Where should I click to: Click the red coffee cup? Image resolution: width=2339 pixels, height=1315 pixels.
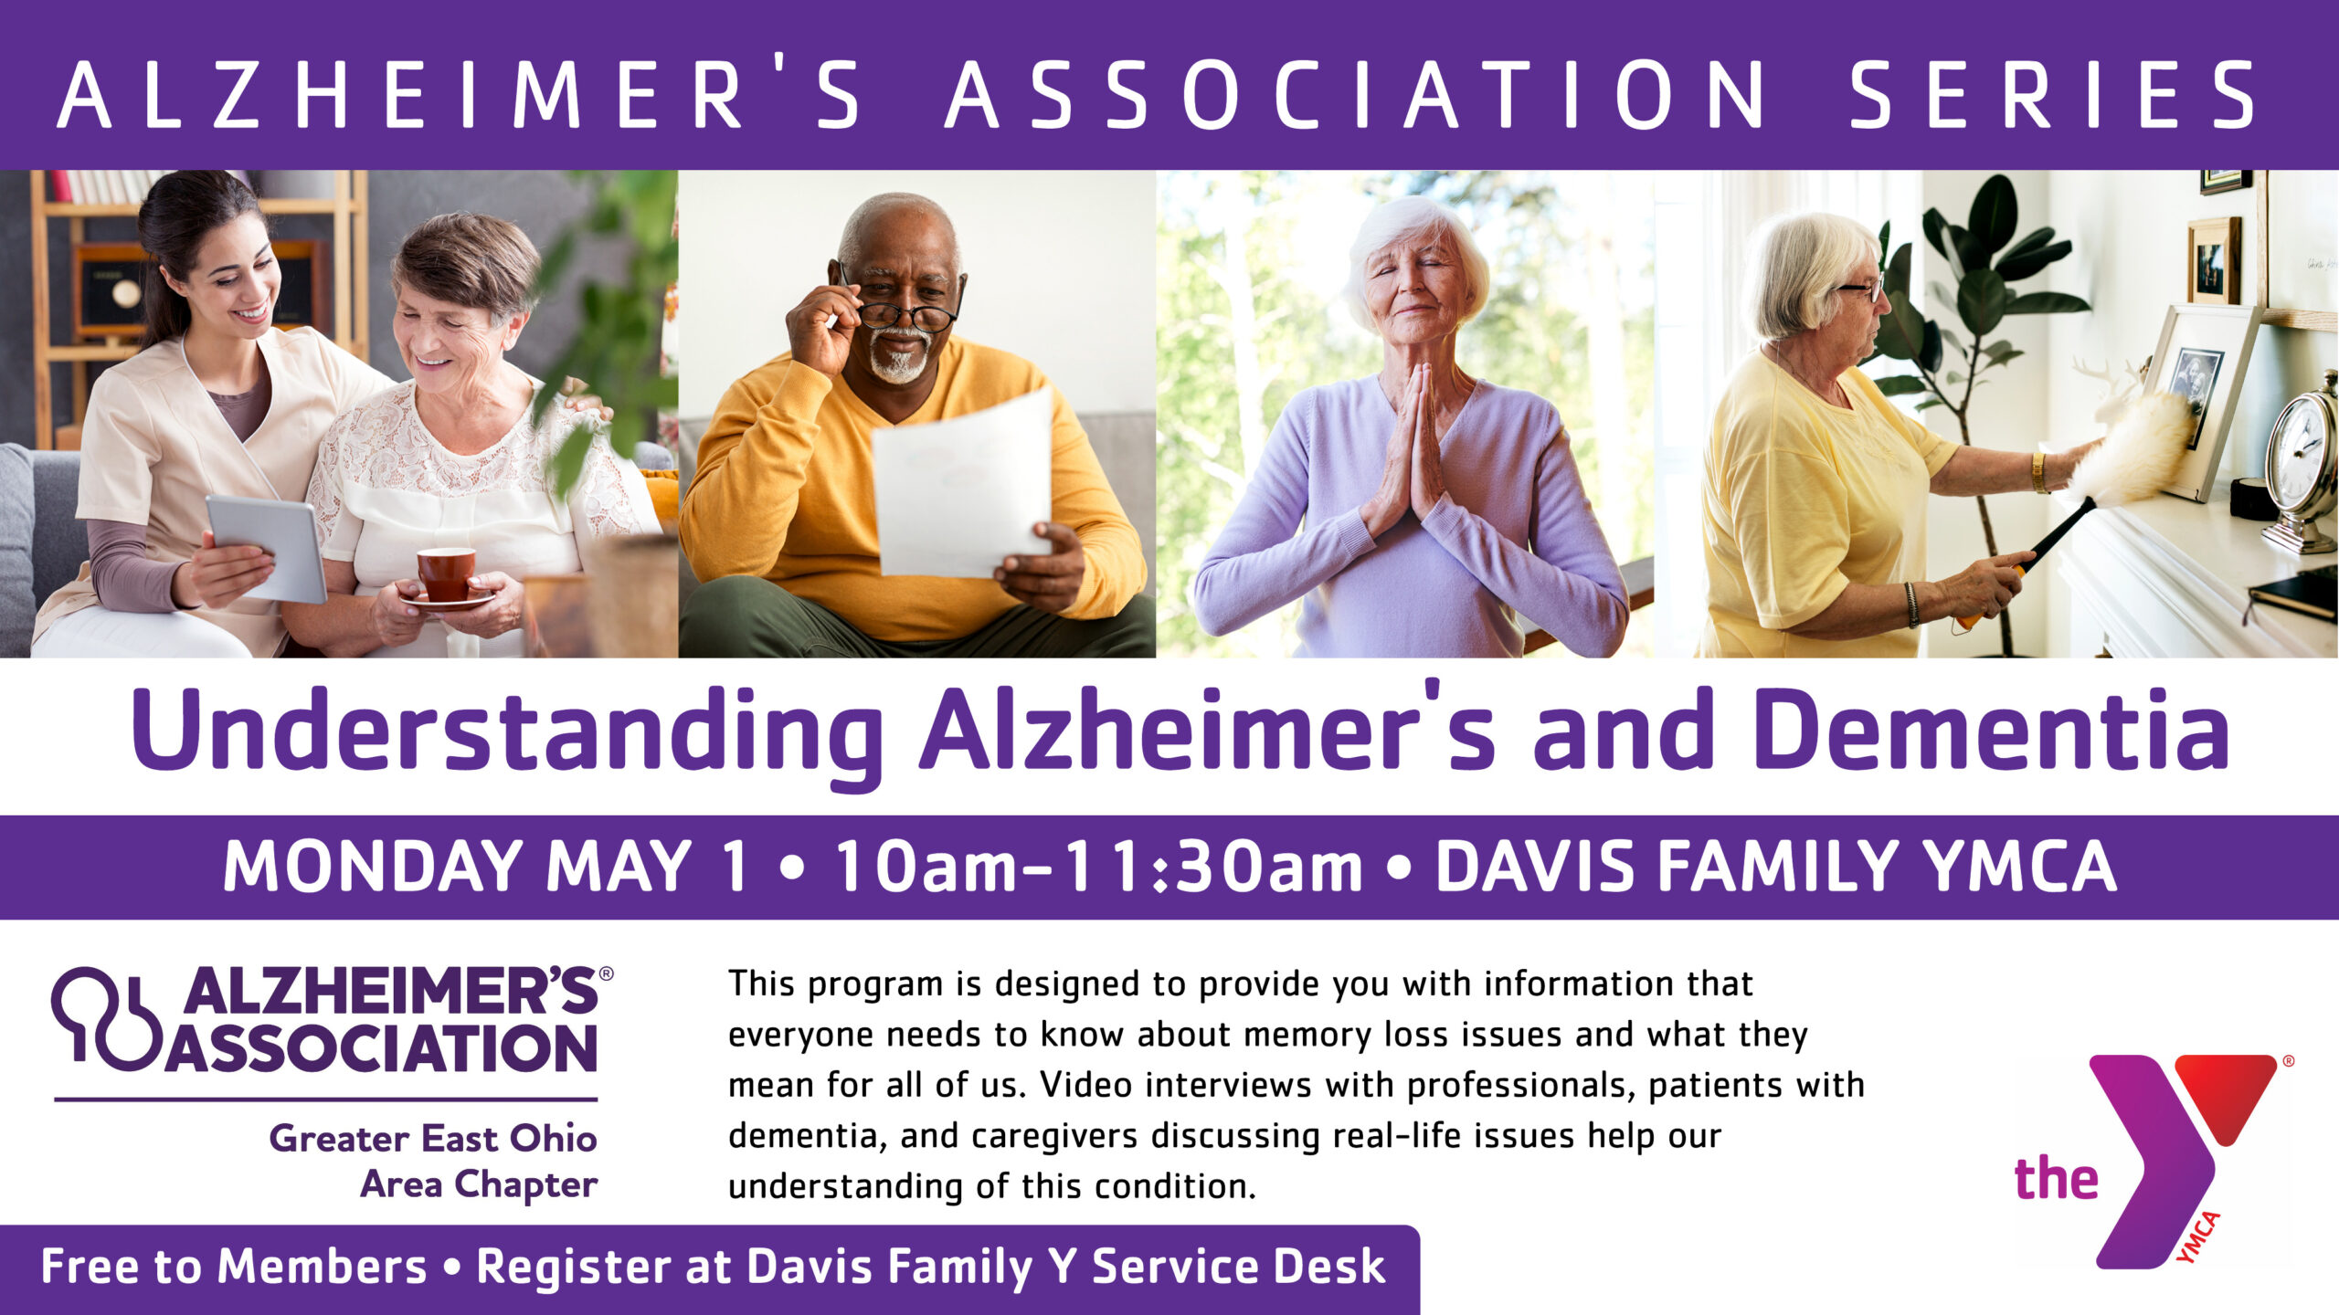tap(446, 573)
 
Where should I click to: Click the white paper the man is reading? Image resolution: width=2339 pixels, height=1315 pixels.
tap(962, 484)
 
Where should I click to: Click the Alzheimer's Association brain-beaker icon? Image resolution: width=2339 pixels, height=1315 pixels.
tap(106, 1017)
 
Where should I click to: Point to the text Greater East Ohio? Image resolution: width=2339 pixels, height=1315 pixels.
tap(433, 1139)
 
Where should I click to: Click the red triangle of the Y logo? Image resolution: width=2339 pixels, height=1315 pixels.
tap(2226, 1094)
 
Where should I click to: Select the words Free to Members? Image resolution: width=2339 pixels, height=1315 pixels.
tap(234, 1267)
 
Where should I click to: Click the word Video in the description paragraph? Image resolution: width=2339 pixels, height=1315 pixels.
tap(1086, 1085)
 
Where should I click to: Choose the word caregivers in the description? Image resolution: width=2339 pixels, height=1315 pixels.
tap(1054, 1137)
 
